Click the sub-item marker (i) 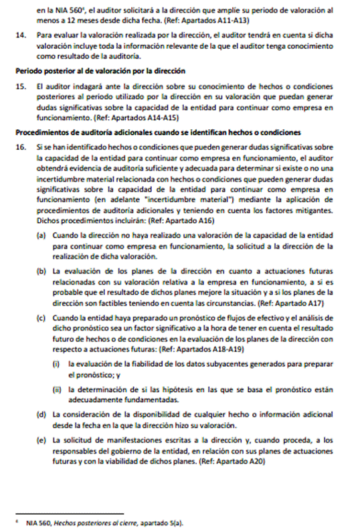pos(58,363)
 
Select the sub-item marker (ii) pos(58,387)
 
